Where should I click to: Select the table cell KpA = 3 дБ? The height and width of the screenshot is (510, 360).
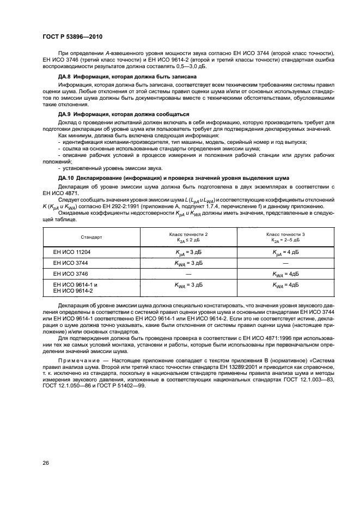pos(188,253)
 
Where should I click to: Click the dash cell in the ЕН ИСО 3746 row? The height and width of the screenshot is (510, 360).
pos(188,273)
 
